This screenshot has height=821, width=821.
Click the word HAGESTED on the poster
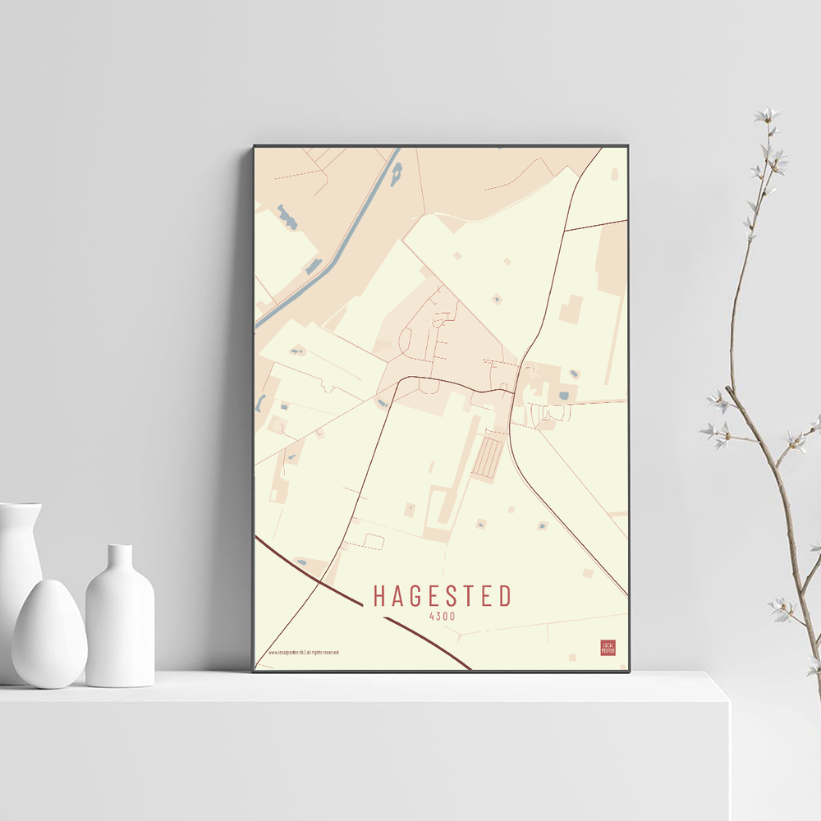pyautogui.click(x=443, y=596)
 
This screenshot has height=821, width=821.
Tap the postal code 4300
pyautogui.click(x=442, y=616)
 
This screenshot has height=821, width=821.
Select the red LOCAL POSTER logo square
pyautogui.click(x=608, y=648)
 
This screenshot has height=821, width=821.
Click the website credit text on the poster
pyautogui.click(x=304, y=653)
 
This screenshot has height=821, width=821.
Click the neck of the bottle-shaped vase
pyautogui.click(x=120, y=558)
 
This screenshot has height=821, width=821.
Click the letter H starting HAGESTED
pyautogui.click(x=379, y=596)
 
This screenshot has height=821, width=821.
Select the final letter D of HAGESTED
pyautogui.click(x=505, y=596)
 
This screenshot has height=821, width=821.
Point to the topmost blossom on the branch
pyautogui.click(x=767, y=114)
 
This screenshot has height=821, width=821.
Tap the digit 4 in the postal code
pyautogui.click(x=432, y=616)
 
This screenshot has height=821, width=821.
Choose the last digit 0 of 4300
pyautogui.click(x=452, y=616)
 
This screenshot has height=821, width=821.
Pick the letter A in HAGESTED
pyautogui.click(x=397, y=596)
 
